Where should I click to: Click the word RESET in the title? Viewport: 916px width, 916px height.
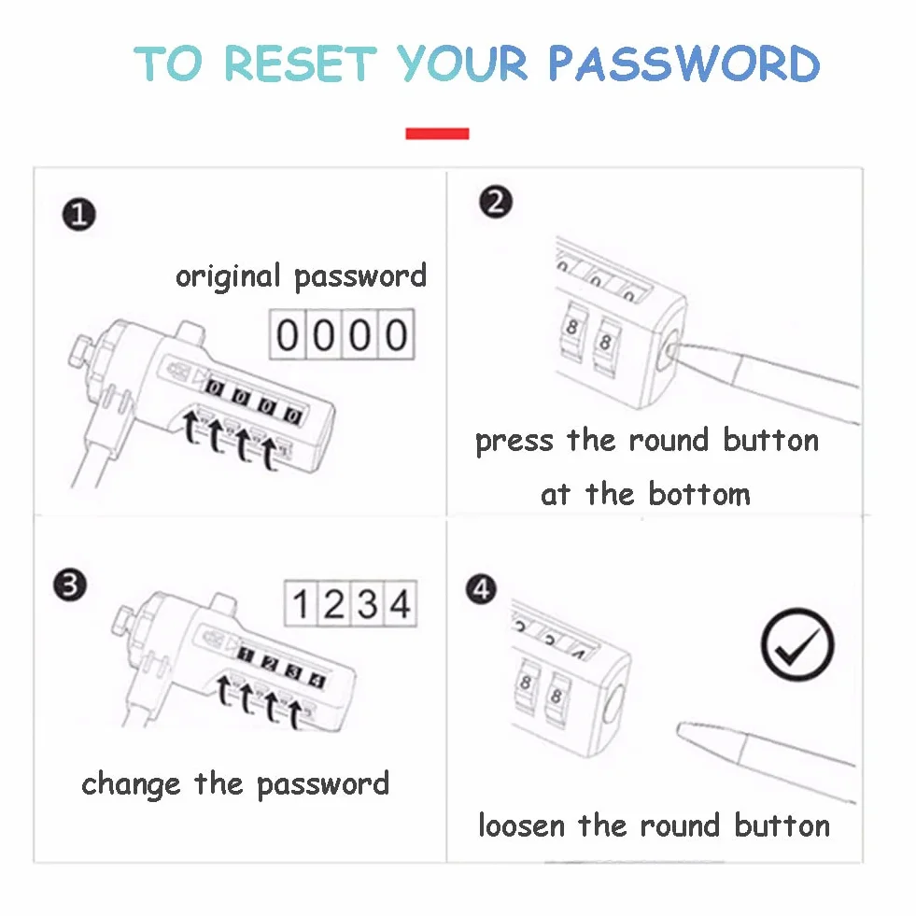coord(301,63)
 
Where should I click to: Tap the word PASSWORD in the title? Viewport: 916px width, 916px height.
coord(684,63)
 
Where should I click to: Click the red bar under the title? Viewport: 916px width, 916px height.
coord(437,134)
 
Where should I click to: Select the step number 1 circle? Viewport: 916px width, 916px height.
coord(78,215)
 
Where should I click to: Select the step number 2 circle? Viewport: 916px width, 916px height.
coord(496,202)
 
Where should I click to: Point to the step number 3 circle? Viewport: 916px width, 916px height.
coord(70,585)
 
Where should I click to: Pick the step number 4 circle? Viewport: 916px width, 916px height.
coord(481,589)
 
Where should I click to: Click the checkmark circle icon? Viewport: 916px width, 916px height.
coord(797,644)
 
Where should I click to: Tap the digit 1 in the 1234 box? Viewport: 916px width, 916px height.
coord(301,604)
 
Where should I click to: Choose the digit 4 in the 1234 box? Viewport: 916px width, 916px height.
coord(401,604)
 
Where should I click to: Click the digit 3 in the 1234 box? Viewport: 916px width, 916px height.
coord(368,604)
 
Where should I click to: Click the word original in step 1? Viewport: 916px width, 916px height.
coord(228,276)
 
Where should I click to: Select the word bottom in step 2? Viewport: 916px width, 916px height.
coord(699,494)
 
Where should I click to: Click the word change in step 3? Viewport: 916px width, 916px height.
coord(131,784)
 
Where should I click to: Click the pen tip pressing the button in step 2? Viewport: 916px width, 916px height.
coord(671,349)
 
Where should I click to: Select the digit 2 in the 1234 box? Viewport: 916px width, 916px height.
coord(333,604)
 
